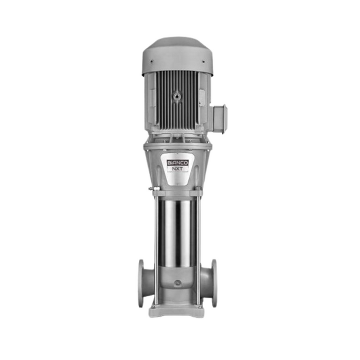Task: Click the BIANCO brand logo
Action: click(x=178, y=163)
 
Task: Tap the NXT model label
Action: click(x=178, y=169)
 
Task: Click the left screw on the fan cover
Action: click(x=152, y=61)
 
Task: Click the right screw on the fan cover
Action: click(x=203, y=61)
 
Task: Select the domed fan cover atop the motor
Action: click(x=177, y=56)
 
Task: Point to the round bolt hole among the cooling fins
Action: click(x=177, y=95)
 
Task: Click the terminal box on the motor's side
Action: click(x=220, y=119)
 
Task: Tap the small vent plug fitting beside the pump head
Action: click(x=154, y=189)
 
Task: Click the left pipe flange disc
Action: click(x=141, y=283)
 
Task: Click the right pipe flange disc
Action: click(x=214, y=283)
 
